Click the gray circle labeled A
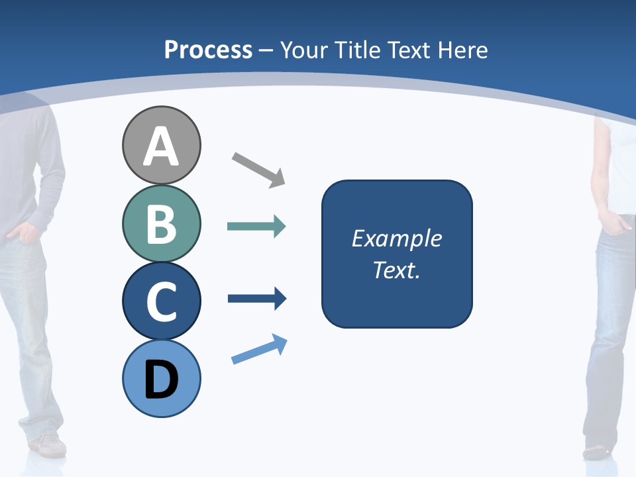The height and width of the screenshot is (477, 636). point(161,145)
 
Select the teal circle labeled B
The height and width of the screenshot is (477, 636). point(161,223)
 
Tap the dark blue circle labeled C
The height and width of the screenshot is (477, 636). point(161,301)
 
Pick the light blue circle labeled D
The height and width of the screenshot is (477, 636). point(161,378)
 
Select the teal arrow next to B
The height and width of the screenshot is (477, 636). point(256,227)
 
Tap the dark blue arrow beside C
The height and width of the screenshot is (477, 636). point(256,299)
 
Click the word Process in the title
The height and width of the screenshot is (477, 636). point(208,50)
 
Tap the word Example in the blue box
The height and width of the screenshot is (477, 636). point(396,238)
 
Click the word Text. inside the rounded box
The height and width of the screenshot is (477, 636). point(396,270)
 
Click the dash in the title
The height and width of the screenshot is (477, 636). point(266,50)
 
